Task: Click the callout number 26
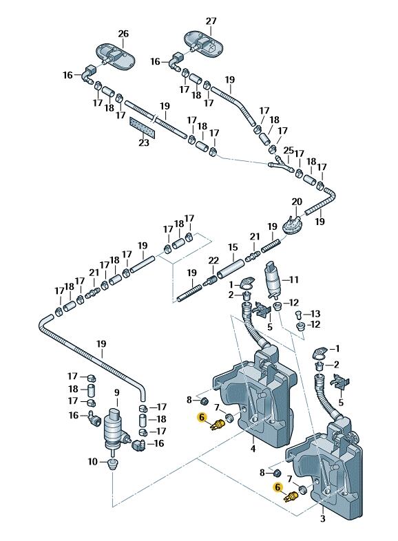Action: [x=123, y=34]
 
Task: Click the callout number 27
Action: [x=211, y=21]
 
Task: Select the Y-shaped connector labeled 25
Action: [x=282, y=165]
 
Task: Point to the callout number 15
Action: [x=233, y=247]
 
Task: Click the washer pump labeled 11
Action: [x=274, y=279]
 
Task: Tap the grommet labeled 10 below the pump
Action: [x=112, y=464]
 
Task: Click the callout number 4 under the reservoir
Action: [x=253, y=449]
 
